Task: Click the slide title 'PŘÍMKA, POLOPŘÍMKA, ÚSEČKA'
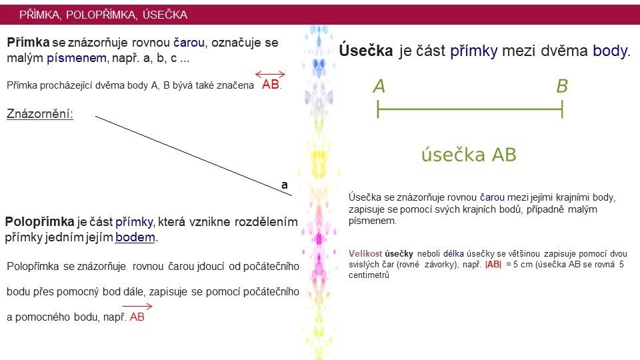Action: pos(103,15)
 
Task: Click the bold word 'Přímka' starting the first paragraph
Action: pos(28,43)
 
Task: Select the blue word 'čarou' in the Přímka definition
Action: pos(189,43)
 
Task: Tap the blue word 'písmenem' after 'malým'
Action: pos(77,58)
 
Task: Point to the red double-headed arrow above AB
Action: pos(270,74)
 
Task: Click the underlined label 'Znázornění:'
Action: pos(40,113)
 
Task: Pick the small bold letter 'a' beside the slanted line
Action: pos(285,185)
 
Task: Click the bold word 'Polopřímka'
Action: pos(39,221)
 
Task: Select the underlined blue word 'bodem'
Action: pos(135,237)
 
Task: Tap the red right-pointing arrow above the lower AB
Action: pos(137,306)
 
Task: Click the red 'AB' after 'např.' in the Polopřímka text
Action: pos(137,317)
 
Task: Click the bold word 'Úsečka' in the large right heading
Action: pos(366,51)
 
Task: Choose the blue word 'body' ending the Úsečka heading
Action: pos(610,51)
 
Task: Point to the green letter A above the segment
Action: pos(379,86)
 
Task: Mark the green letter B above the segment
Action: pos(562,86)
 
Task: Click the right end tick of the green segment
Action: pos(562,109)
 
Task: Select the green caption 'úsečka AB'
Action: pos(469,155)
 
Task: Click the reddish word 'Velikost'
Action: pos(365,254)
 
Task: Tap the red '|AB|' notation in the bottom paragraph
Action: pos(493,265)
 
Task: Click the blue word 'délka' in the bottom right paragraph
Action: pos(453,254)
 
